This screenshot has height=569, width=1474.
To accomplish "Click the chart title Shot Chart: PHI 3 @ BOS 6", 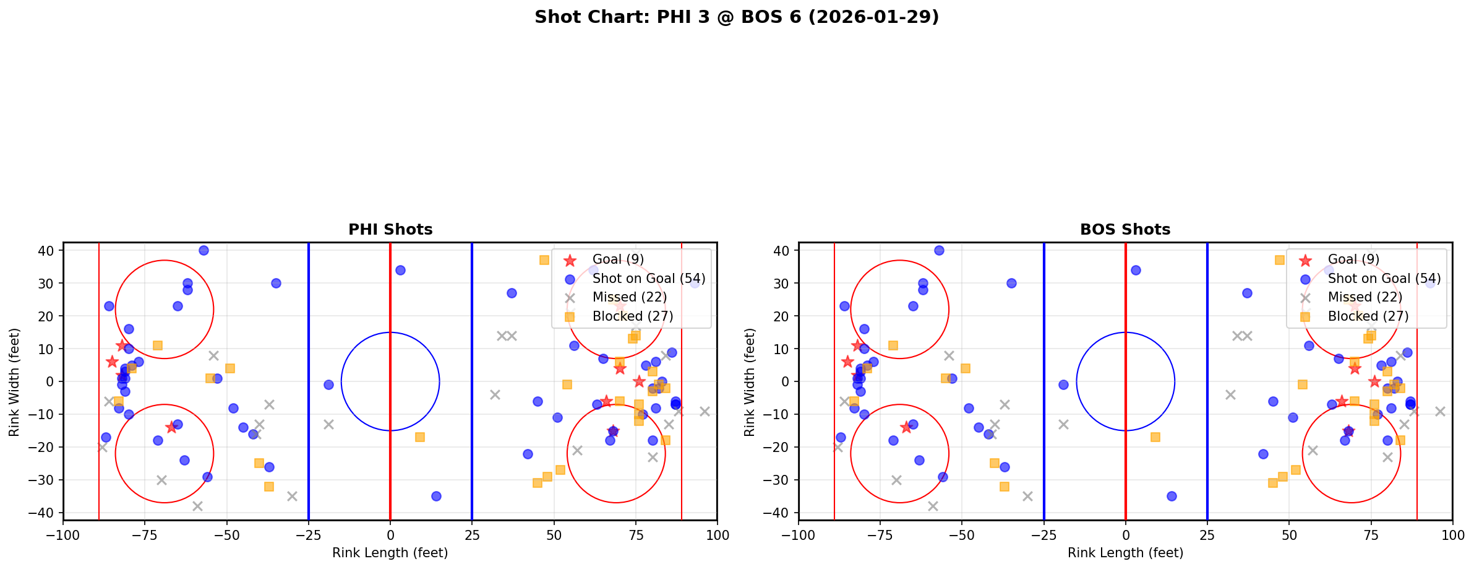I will click(736, 17).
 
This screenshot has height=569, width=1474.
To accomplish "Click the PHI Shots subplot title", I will click(390, 230).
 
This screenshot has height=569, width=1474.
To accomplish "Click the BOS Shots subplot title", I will click(1125, 230).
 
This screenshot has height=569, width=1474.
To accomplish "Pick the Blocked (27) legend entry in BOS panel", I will click(1368, 316).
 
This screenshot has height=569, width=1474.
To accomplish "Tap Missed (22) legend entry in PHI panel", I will click(629, 297).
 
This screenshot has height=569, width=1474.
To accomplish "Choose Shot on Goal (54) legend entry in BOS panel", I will click(1384, 279).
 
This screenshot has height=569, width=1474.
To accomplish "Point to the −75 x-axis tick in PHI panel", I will click(145, 535).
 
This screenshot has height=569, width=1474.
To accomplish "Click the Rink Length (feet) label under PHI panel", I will click(390, 553).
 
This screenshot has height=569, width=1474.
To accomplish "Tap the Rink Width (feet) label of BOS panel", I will click(750, 382).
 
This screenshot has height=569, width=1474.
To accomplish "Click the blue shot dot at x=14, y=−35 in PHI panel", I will click(436, 496).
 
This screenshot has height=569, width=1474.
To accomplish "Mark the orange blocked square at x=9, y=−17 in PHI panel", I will click(420, 437).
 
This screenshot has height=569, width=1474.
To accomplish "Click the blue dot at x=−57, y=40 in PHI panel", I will click(204, 250).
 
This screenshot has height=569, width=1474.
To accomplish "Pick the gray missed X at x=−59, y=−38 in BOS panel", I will click(933, 506).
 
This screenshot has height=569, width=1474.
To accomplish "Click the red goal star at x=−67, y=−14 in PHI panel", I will click(171, 427).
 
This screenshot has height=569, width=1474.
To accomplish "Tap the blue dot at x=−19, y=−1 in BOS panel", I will click(1063, 384).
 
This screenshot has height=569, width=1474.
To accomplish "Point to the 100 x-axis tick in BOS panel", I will click(1452, 535).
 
